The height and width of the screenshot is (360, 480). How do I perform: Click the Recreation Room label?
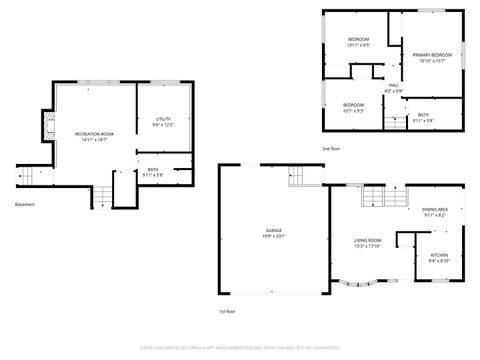pyautogui.click(x=94, y=136)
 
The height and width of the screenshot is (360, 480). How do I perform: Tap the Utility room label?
pyautogui.click(x=163, y=121)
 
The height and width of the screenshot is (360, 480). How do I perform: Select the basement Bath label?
pyautogui.click(x=153, y=172)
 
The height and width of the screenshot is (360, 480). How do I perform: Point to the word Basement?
pyautogui.click(x=25, y=204)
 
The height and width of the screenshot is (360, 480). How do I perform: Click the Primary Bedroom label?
pyautogui.click(x=432, y=57)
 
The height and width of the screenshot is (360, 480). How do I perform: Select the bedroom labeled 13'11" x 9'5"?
pyautogui.click(x=358, y=42)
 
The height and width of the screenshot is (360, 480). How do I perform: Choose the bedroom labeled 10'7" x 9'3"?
pyautogui.click(x=353, y=107)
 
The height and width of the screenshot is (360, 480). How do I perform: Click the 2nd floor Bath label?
pyautogui.click(x=424, y=118)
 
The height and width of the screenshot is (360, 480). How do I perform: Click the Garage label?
pyautogui.click(x=272, y=232)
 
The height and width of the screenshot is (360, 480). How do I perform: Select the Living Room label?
pyautogui.click(x=368, y=242)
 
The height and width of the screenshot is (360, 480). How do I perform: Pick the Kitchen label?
pyautogui.click(x=439, y=257)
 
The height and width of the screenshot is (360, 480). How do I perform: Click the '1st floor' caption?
pyautogui.click(x=227, y=311)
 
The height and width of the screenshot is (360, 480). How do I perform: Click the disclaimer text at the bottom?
pyautogui.click(x=240, y=347)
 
